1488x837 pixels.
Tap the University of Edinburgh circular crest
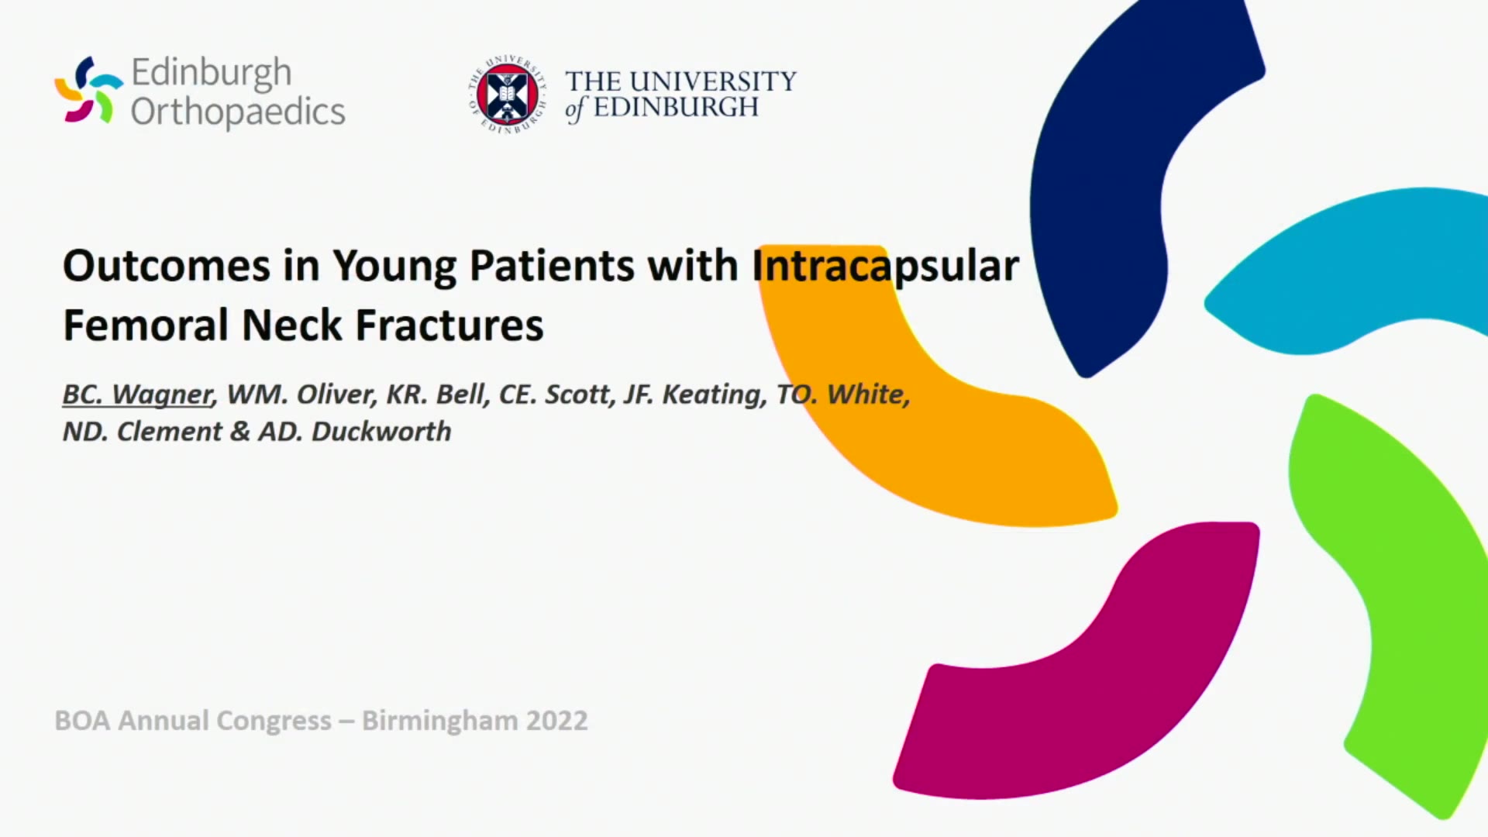coord(508,95)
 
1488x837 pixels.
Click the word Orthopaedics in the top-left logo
coord(238,112)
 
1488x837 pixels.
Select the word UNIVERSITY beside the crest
coord(712,81)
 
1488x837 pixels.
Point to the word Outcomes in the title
coord(167,266)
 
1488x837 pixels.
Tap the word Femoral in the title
coord(146,325)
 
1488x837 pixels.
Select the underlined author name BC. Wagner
coord(137,394)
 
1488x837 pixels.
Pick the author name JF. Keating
coord(695,394)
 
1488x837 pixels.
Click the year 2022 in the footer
coord(556,721)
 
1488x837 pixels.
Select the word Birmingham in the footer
coord(439,722)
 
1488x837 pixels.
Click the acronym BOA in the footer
coord(82,721)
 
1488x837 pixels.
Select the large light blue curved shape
coord(1348,271)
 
